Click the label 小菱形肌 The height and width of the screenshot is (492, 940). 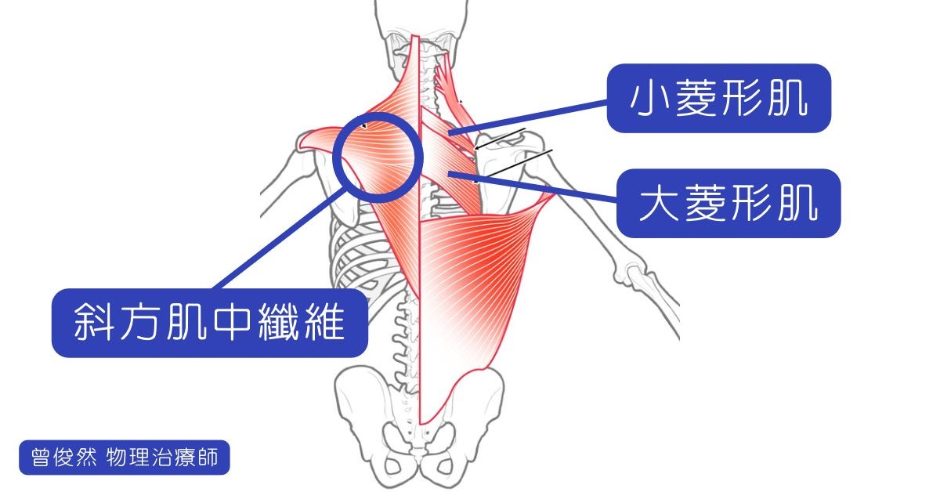tap(718, 98)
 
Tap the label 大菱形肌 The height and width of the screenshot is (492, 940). tap(728, 203)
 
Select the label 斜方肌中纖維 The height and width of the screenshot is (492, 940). tap(210, 323)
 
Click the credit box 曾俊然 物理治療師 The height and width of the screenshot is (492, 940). tap(125, 458)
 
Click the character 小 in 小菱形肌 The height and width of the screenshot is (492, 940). tap(649, 99)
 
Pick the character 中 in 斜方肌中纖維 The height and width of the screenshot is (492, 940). tap(232, 323)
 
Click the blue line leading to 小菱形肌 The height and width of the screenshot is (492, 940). tap(528, 118)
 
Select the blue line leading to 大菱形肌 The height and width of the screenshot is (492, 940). tap(533, 186)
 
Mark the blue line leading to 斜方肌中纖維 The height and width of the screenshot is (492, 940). tap(280, 239)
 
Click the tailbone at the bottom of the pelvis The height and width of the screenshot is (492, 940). tap(419, 455)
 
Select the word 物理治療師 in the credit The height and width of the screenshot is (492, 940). tap(162, 458)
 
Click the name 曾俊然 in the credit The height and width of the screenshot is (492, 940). tap(63, 458)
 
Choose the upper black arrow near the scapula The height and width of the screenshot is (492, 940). tap(500, 139)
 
